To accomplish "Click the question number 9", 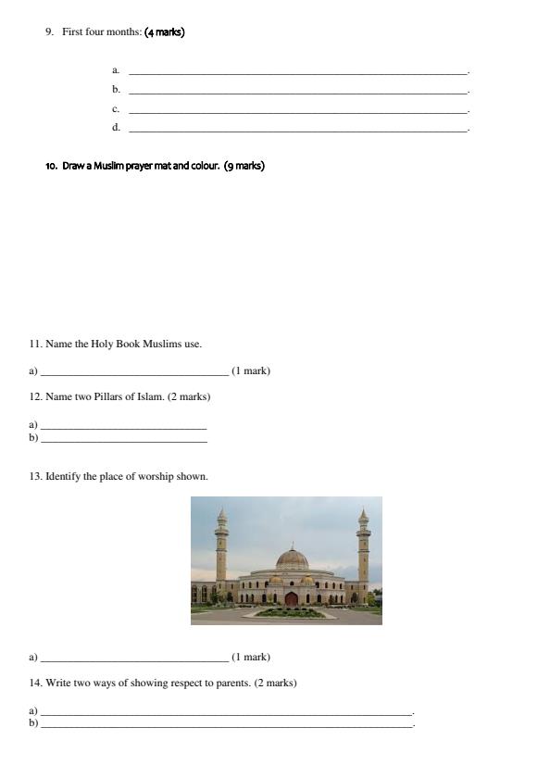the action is [49, 32].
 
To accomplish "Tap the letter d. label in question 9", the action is [116, 128].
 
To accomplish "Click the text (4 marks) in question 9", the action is [165, 32].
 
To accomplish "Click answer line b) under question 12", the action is [124, 440].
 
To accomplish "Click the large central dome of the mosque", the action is [292, 558].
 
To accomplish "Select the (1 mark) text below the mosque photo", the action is [251, 657].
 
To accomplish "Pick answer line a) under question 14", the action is [227, 713].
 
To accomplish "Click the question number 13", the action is [36, 476].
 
